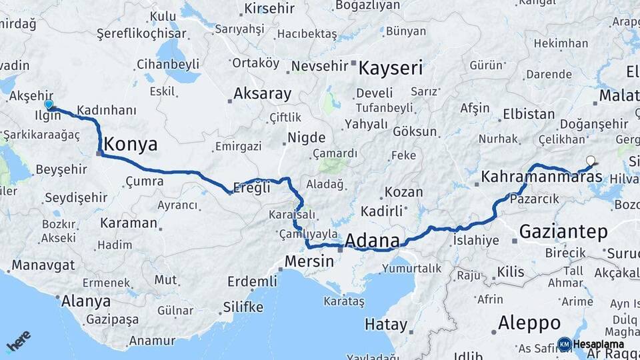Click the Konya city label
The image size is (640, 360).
[x=131, y=144]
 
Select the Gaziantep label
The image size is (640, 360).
[x=563, y=231]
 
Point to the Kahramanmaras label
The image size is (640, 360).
[x=541, y=177]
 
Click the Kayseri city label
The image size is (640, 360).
[x=391, y=68]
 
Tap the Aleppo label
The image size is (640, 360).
[x=529, y=323]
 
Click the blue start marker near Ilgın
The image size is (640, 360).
[x=48, y=105]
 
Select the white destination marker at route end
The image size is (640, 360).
[x=590, y=160]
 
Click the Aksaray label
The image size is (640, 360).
[x=262, y=94]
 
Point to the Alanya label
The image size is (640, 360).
[x=85, y=301]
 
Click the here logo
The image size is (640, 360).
[x=19, y=341]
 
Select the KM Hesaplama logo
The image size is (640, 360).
[x=591, y=344]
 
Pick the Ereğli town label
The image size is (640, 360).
[x=254, y=187]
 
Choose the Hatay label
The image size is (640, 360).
[x=385, y=325]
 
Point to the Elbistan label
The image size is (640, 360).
[x=529, y=114]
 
